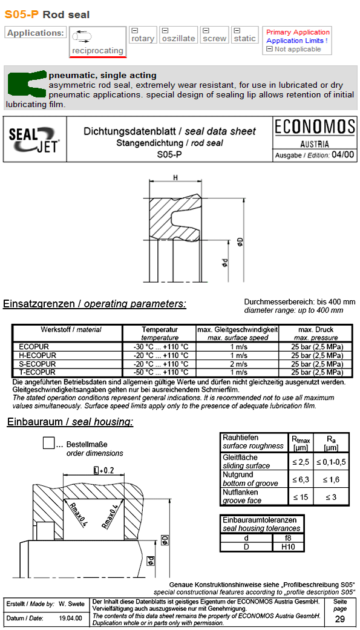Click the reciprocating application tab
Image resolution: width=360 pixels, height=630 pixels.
97,42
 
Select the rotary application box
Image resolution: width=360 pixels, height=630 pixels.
143,35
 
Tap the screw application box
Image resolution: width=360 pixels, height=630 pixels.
214,35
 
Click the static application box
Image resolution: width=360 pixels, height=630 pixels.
244,35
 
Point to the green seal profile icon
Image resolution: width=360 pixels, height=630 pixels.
27,84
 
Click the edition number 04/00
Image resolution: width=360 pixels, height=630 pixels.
343,154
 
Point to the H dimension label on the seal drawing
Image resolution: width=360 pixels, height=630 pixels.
175,177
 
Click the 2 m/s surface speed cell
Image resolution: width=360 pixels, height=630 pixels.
238,364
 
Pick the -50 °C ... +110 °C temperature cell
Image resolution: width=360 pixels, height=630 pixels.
160,372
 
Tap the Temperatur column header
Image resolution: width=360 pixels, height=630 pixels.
160,330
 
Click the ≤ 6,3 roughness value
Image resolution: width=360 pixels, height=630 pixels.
300,479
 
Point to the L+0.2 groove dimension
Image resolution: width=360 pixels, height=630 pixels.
104,470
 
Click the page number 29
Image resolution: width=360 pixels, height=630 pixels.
340,619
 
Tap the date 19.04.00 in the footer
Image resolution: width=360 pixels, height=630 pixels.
70,618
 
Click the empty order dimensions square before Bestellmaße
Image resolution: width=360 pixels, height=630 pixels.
49,443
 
